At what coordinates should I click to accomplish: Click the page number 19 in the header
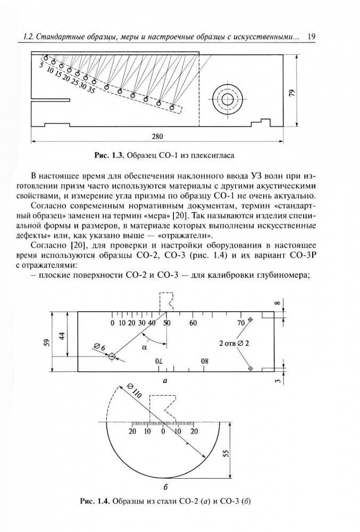[x=312, y=37]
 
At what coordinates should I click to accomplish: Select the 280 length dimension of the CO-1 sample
[x=157, y=136]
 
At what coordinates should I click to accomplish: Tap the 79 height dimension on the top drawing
[x=291, y=92]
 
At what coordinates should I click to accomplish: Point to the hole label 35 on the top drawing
[x=91, y=90]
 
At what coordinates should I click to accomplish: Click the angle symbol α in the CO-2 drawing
[x=145, y=347]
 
